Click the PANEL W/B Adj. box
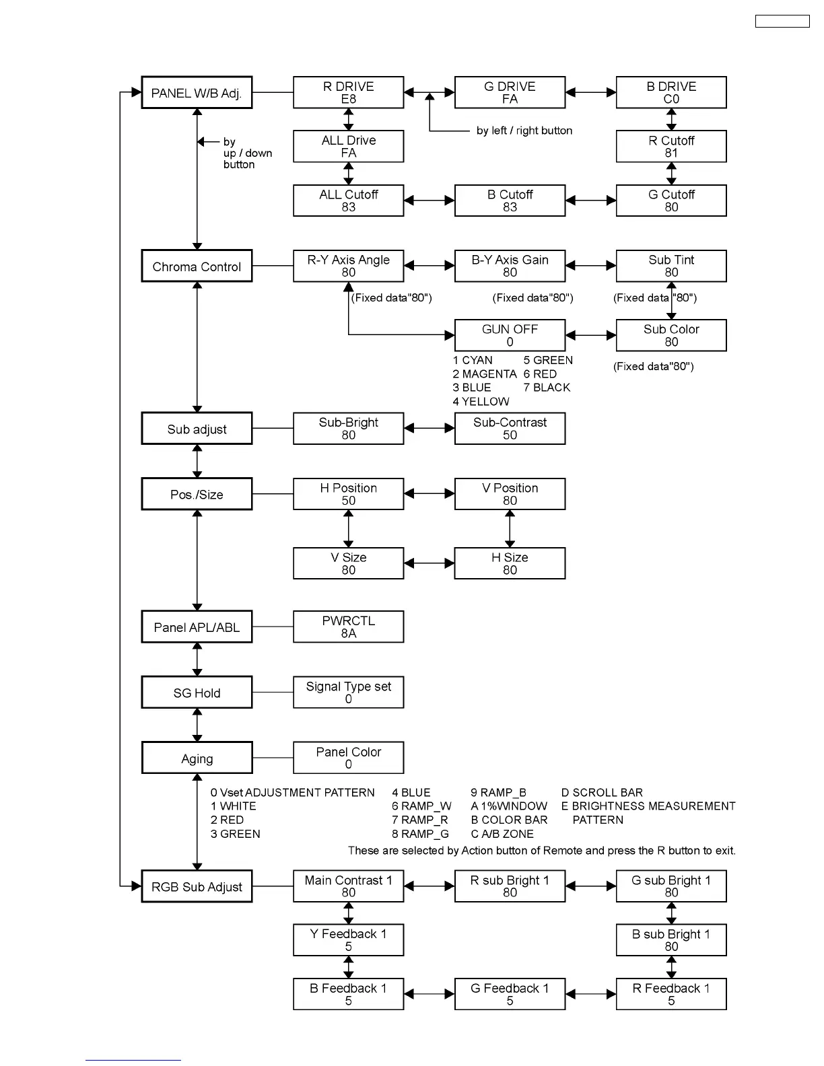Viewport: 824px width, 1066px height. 197,92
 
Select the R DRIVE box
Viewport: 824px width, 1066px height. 349,92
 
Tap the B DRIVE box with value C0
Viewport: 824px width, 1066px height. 671,92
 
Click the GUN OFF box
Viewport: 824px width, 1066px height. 510,335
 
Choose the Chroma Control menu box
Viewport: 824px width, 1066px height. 197,266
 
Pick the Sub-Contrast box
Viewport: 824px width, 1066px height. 510,428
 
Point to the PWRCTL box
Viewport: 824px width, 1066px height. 349,627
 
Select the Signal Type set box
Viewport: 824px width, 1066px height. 349,692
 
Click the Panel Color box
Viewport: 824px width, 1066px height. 349,758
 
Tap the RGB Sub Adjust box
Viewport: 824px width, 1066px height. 197,886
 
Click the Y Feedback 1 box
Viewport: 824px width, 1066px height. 349,940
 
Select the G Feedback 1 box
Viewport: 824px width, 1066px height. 510,994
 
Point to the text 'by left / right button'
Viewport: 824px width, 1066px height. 524,131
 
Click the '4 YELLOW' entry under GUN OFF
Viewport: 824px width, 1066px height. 481,401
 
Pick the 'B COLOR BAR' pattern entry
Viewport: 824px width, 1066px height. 509,820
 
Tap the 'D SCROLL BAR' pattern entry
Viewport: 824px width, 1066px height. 602,792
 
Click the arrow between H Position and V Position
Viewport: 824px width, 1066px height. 430,493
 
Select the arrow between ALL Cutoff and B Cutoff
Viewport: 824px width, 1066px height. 430,200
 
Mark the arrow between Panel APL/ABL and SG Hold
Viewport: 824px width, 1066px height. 197,660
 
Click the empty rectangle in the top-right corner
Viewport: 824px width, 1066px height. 782,21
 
